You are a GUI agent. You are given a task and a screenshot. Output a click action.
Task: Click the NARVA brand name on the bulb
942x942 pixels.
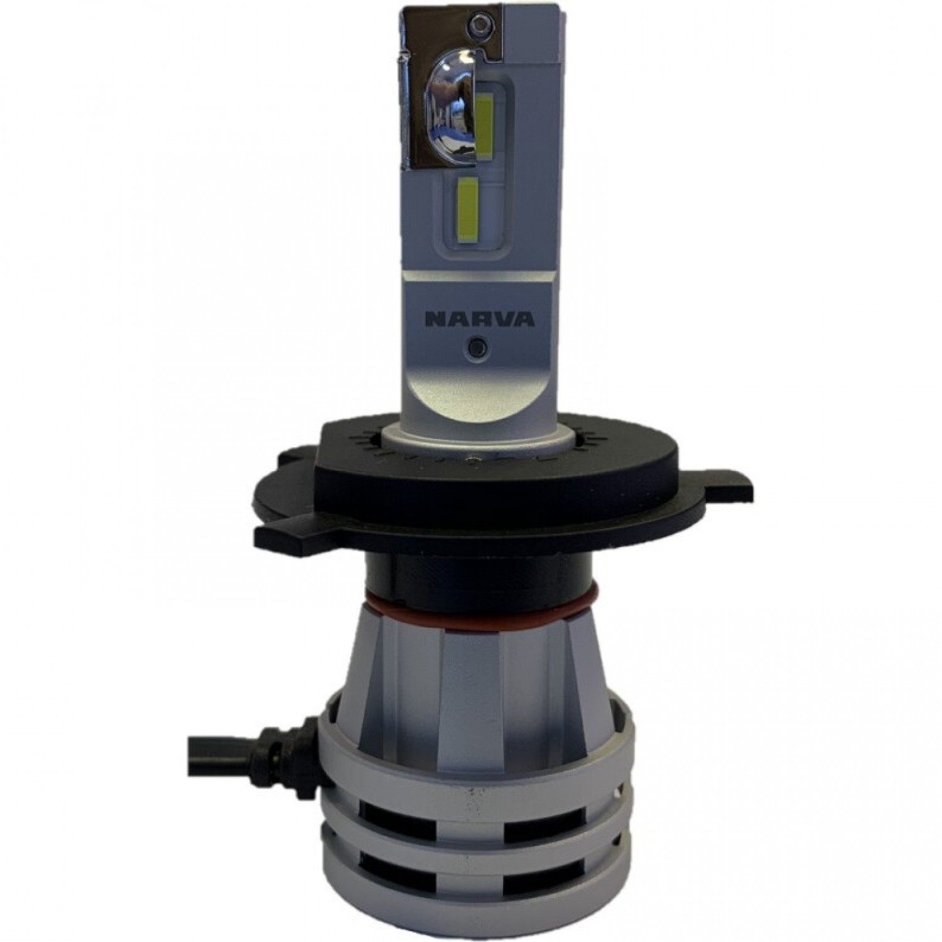click(x=480, y=319)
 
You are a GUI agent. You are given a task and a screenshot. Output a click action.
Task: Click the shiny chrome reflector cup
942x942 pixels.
click(x=447, y=123)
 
